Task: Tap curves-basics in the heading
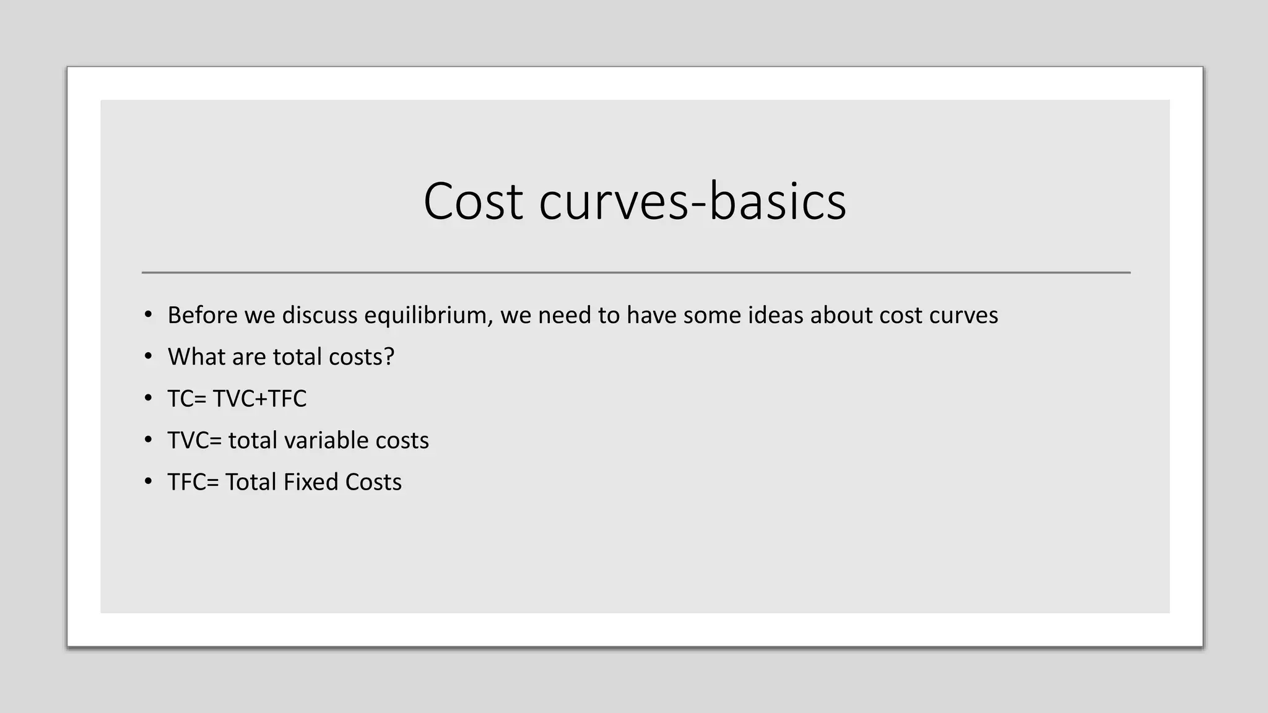(692, 201)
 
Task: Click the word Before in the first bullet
(202, 315)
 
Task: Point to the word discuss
(319, 315)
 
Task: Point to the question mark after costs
(389, 356)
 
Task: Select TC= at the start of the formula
(186, 399)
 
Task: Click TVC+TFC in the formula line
(259, 399)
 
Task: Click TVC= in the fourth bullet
(194, 441)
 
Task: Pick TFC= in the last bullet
(193, 482)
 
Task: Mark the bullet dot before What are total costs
(148, 356)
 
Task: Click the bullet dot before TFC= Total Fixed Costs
(148, 482)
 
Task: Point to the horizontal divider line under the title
(636, 272)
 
